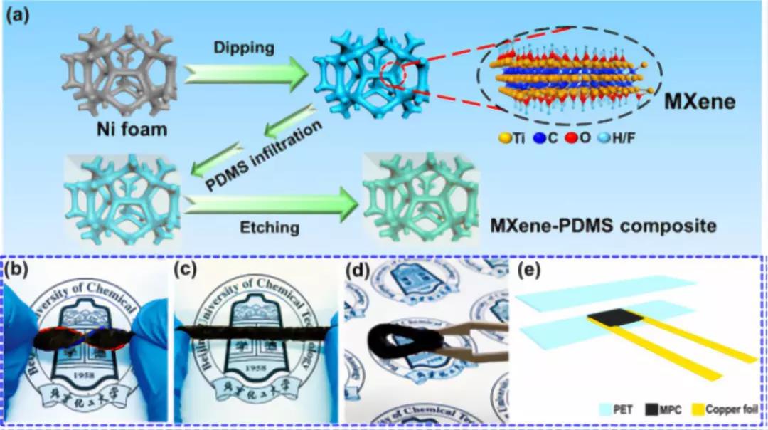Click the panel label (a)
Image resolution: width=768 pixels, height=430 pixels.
pyautogui.click(x=17, y=14)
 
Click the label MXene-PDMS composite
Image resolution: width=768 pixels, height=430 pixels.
pyautogui.click(x=602, y=227)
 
